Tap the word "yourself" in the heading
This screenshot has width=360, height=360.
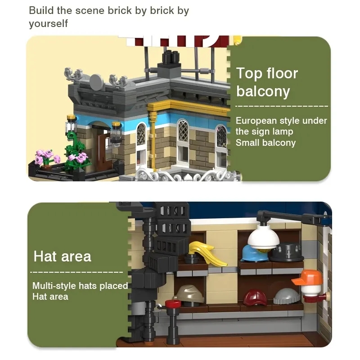click(x=49, y=24)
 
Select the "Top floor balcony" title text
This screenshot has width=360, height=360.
click(x=267, y=82)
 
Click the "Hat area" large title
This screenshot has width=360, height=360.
click(x=62, y=256)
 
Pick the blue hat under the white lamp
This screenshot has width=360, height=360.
click(x=254, y=254)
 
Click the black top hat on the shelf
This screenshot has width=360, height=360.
click(x=287, y=252)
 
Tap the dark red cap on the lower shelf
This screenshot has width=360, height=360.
click(x=255, y=298)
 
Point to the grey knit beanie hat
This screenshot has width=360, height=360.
click(x=286, y=296)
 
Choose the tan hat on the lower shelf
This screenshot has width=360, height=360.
click(x=189, y=294)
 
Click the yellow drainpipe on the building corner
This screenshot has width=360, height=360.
click(x=152, y=135)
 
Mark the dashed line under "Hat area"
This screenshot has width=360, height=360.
click(x=76, y=272)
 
